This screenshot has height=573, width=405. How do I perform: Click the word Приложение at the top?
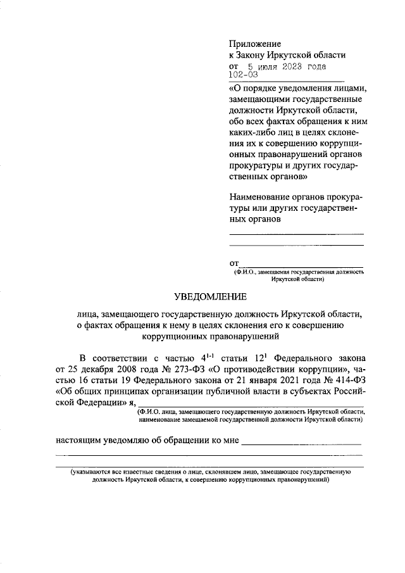pos(254,44)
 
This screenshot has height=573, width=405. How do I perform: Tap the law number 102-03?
pos(242,75)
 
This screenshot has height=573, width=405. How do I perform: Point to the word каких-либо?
pos(253,134)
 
